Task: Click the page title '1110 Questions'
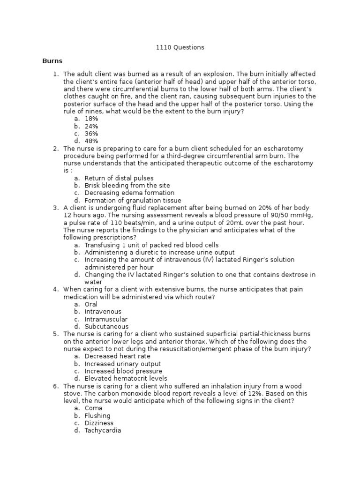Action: [x=180, y=47]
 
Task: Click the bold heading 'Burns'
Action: [x=52, y=61]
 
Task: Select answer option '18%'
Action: [x=91, y=119]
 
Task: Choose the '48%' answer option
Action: [x=91, y=141]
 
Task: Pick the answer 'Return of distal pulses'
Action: [x=119, y=178]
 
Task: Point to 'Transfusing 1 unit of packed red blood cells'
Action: [x=151, y=245]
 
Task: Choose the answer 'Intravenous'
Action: [x=103, y=312]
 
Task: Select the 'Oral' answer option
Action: [x=91, y=304]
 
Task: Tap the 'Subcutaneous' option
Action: [x=106, y=326]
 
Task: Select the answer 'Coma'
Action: [x=94, y=408]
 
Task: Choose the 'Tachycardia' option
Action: [x=103, y=430]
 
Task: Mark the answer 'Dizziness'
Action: [x=99, y=423]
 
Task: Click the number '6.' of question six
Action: [x=56, y=386]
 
